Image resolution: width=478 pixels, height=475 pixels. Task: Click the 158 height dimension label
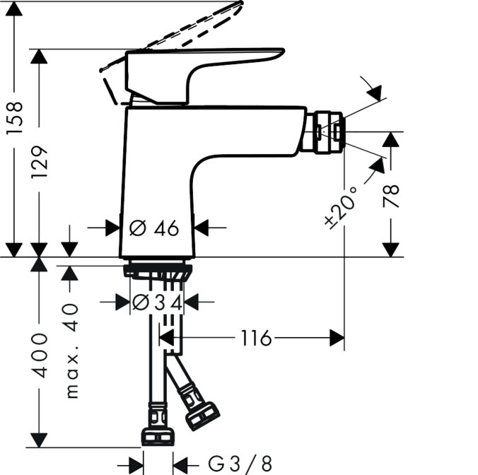(15, 117)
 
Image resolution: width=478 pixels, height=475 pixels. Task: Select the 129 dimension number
(40, 162)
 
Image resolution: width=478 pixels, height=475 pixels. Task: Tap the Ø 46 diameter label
(154, 228)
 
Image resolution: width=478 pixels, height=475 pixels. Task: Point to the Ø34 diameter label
(158, 303)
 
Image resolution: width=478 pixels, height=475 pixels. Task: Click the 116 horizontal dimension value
(256, 338)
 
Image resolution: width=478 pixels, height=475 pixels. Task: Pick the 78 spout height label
(391, 197)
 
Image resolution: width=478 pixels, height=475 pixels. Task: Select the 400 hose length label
(40, 356)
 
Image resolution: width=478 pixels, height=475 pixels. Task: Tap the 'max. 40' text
(73, 351)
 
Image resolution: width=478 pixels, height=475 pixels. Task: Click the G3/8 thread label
(240, 464)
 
